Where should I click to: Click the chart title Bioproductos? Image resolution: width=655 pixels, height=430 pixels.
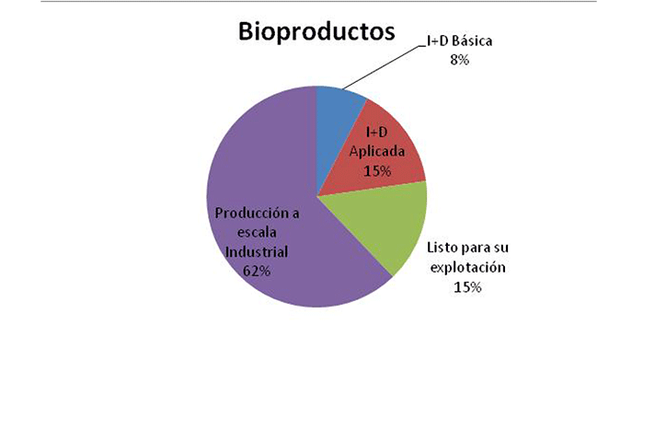pyautogui.click(x=316, y=31)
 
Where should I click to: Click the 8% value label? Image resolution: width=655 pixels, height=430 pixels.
pyautogui.click(x=459, y=60)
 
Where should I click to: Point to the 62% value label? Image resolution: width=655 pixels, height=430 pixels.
pyautogui.click(x=257, y=272)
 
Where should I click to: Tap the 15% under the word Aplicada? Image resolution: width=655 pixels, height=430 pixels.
pyautogui.click(x=377, y=171)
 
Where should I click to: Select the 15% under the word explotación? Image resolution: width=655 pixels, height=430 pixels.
pyautogui.click(x=467, y=287)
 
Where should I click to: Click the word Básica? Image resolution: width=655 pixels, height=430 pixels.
pyautogui.click(x=472, y=41)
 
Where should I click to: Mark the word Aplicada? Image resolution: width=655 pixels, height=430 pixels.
pyautogui.click(x=377, y=151)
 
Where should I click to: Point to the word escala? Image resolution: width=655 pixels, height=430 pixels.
pyautogui.click(x=257, y=233)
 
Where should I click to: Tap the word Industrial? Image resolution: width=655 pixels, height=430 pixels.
pyautogui.click(x=257, y=252)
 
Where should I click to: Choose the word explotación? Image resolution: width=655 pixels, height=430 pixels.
pyautogui.click(x=468, y=268)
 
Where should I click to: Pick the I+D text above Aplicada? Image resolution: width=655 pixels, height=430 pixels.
pyautogui.click(x=377, y=133)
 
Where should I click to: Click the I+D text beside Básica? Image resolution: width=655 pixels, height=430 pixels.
pyautogui.click(x=437, y=41)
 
